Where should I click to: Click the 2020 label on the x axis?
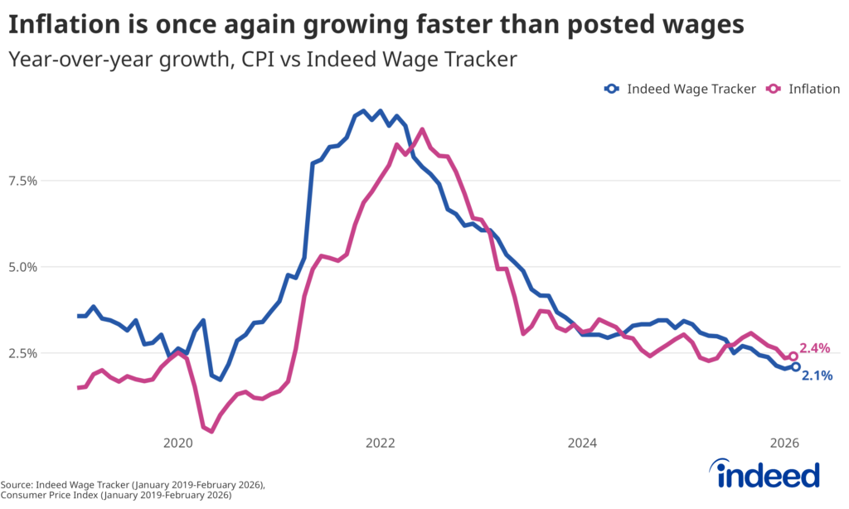[x=177, y=444]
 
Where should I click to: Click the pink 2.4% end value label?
[x=815, y=348]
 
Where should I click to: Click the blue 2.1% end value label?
[x=817, y=376]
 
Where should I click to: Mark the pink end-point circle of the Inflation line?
[x=793, y=356]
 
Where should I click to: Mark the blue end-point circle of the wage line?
[x=796, y=366]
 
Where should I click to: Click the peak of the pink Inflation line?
[x=422, y=129]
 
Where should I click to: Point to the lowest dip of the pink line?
[x=211, y=431]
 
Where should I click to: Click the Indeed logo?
[x=768, y=474]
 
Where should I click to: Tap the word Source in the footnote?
[x=16, y=484]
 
